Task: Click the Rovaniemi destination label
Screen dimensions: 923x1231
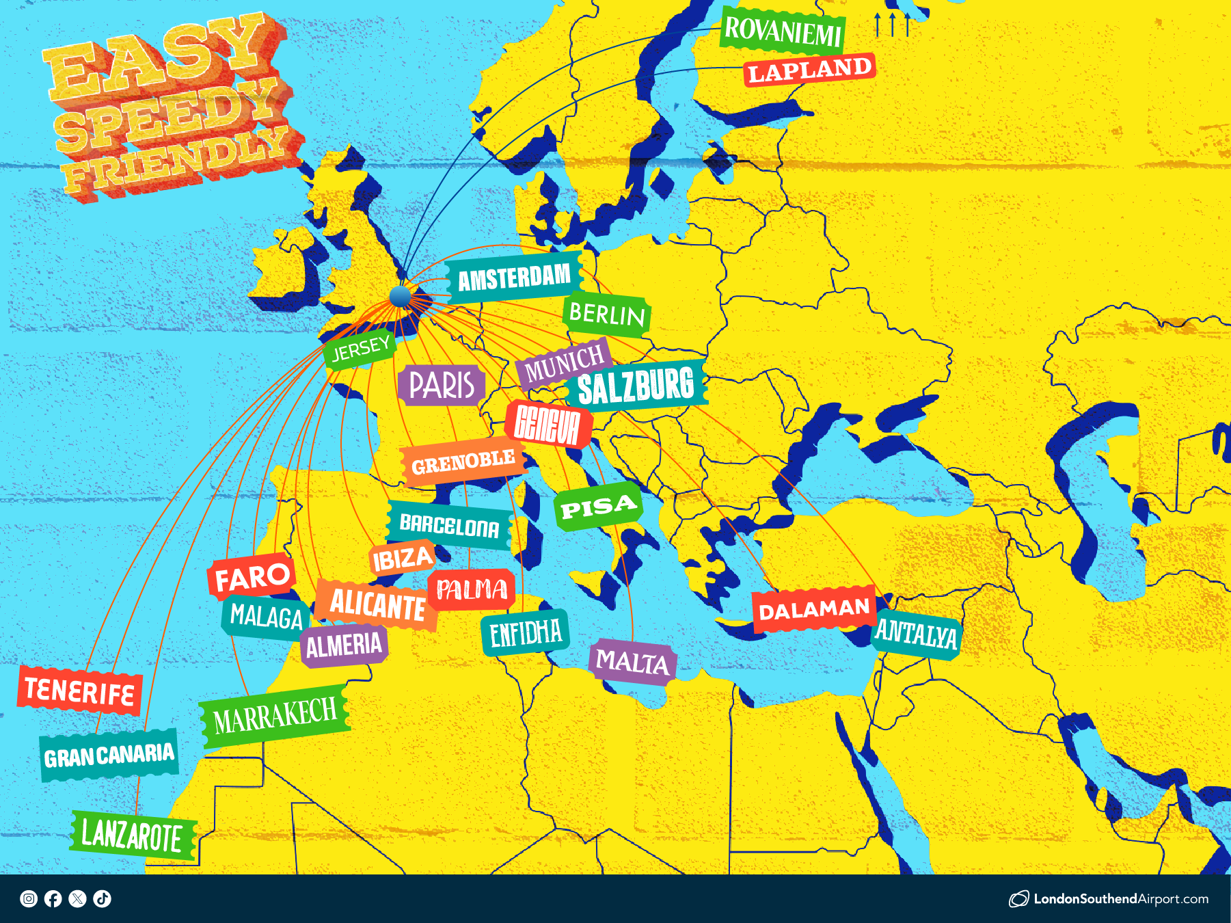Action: point(783,31)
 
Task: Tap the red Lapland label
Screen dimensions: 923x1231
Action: point(809,70)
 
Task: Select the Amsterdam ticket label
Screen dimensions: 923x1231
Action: point(514,278)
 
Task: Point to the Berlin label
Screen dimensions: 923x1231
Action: point(606,315)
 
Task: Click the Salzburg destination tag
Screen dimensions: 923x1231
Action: point(636,386)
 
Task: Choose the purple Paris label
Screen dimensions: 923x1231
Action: point(442,385)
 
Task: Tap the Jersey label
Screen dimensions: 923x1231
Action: point(360,349)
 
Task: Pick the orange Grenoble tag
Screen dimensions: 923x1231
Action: point(463,464)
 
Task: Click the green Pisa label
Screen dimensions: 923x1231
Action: point(599,507)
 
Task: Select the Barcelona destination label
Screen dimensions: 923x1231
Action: point(449,526)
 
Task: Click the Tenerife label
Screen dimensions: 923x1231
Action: point(79,691)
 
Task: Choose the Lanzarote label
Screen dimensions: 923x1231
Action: point(132,835)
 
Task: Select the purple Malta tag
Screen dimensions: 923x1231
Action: point(632,662)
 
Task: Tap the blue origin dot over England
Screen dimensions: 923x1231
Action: point(400,297)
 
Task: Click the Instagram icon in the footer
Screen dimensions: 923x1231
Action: point(29,898)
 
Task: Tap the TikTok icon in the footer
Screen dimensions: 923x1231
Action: point(103,898)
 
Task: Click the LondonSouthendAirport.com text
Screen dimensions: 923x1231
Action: point(1120,899)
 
